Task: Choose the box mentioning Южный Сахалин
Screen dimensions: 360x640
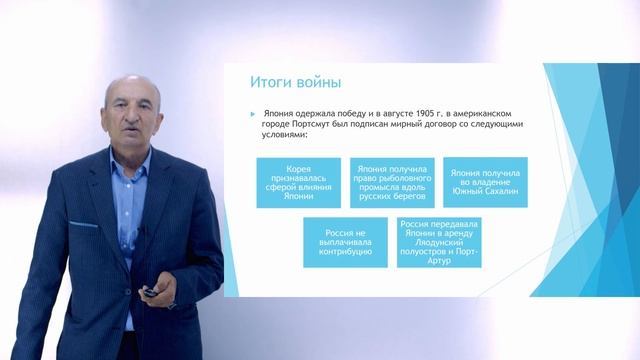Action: click(485, 183)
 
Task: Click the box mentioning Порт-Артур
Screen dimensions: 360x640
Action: click(438, 242)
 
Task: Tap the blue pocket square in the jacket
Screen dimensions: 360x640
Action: click(84, 223)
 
